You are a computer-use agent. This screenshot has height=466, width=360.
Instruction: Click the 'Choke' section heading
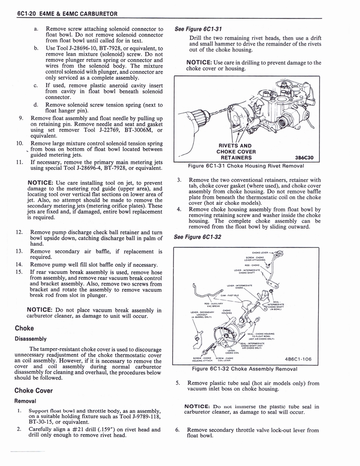click(24, 328)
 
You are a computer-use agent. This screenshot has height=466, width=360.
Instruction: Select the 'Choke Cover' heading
click(34, 390)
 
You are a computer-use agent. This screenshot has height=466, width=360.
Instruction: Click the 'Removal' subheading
click(25, 401)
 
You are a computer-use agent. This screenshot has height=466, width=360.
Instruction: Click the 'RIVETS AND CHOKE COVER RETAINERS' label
click(236, 152)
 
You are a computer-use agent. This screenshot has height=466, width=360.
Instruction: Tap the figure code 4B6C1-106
click(299, 359)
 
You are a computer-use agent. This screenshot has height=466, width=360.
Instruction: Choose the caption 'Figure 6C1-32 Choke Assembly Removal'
click(245, 369)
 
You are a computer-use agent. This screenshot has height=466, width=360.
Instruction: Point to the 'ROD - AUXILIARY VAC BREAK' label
click(213, 305)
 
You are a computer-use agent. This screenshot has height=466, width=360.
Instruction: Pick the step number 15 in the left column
click(20, 272)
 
